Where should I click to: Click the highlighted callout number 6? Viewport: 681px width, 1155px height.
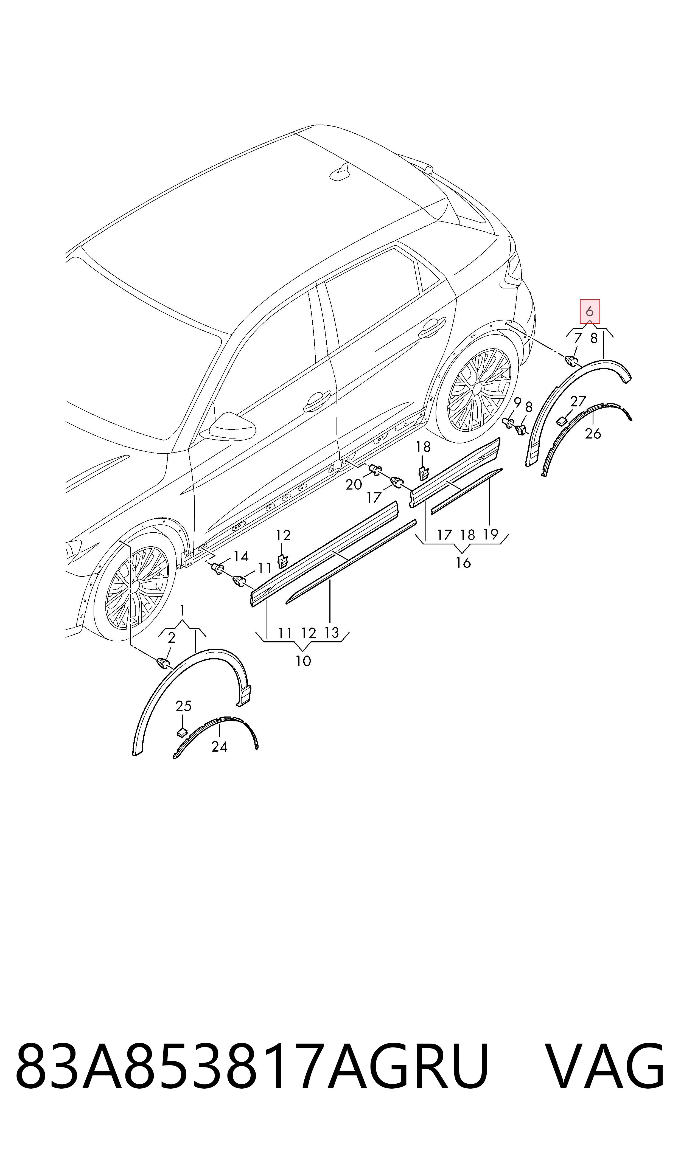[590, 312]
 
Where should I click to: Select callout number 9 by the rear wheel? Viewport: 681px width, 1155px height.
[518, 403]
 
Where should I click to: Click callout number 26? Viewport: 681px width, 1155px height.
[593, 434]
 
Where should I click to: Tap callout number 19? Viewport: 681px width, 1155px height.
[491, 534]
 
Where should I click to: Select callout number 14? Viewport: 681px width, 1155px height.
[241, 557]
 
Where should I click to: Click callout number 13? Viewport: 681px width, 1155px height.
[331, 633]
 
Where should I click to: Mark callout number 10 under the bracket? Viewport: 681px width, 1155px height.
[303, 661]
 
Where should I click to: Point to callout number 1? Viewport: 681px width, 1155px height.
[183, 611]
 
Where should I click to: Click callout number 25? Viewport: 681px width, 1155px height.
[184, 706]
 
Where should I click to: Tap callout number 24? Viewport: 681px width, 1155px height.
[219, 747]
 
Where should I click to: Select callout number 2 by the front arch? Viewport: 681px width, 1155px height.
[172, 637]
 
